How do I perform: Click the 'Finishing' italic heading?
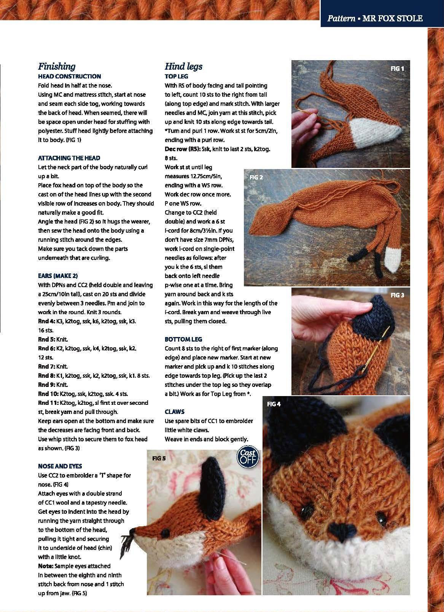pyautogui.click(x=57, y=66)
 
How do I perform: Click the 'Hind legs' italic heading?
pyautogui.click(x=183, y=66)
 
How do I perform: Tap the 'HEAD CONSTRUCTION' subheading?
pyautogui.click(x=69, y=76)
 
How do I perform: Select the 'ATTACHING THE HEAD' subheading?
pyautogui.click(x=69, y=158)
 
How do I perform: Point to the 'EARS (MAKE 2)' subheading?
pyautogui.click(x=58, y=276)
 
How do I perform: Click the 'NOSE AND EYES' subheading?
pyautogui.click(x=60, y=466)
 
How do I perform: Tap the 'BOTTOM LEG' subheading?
pyautogui.click(x=183, y=339)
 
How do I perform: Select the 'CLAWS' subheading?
pyautogui.click(x=175, y=412)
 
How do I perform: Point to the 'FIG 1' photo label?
pyautogui.click(x=397, y=69)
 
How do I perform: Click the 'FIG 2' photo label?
pyautogui.click(x=256, y=177)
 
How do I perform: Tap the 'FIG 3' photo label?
pyautogui.click(x=397, y=295)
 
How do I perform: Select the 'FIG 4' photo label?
pyautogui.click(x=274, y=404)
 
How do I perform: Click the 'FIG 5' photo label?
pyautogui.click(x=159, y=458)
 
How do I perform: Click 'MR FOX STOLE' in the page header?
pyautogui.click(x=392, y=18)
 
